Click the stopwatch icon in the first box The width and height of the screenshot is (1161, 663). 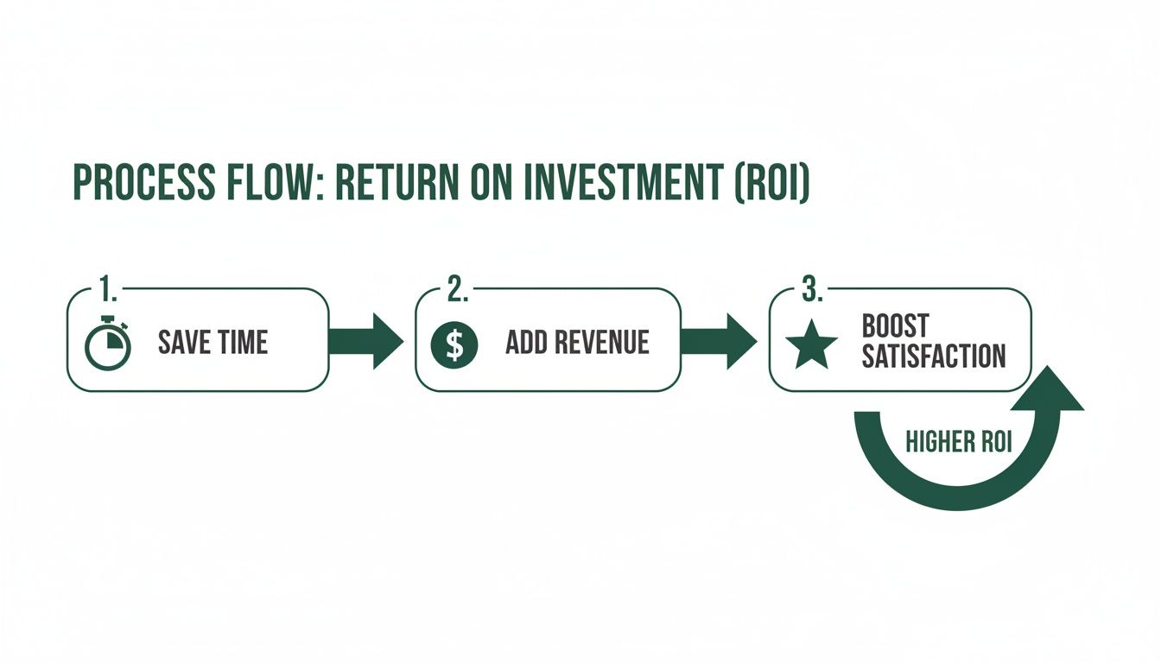click(x=108, y=343)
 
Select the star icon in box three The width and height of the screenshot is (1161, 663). click(x=811, y=346)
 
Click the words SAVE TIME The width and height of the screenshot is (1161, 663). click(x=213, y=343)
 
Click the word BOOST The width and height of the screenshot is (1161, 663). click(x=895, y=326)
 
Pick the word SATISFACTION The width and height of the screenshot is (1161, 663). click(x=934, y=356)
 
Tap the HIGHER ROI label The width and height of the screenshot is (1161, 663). click(x=958, y=442)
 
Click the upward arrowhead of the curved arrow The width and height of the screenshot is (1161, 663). click(x=1047, y=391)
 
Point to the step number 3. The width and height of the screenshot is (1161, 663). click(x=810, y=290)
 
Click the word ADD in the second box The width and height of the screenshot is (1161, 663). click(x=523, y=343)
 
